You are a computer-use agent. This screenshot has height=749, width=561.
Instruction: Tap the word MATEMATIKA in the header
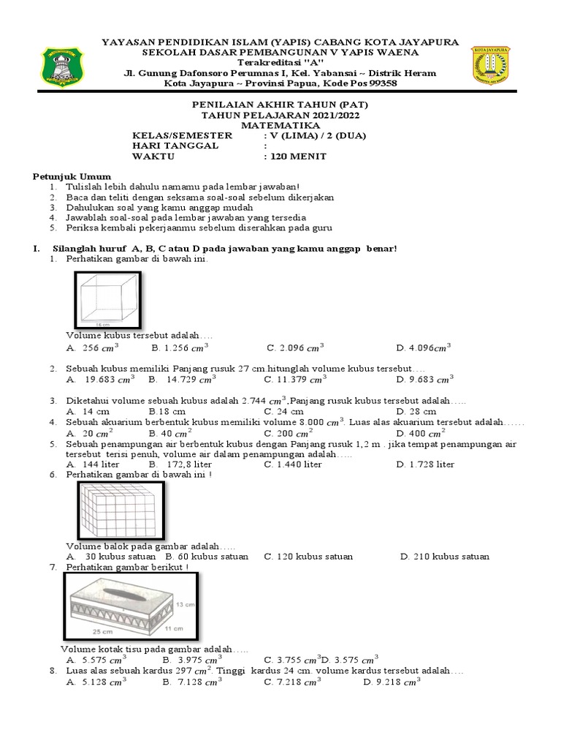(280, 125)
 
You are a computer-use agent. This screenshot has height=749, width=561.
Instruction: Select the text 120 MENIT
(295, 157)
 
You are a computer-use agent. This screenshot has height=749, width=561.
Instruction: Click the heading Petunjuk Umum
(72, 176)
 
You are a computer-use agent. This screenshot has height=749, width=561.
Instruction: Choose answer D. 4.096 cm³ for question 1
(424, 348)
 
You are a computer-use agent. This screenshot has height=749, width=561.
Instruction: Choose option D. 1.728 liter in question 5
(425, 464)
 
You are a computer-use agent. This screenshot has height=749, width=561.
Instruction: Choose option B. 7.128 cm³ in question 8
(192, 682)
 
